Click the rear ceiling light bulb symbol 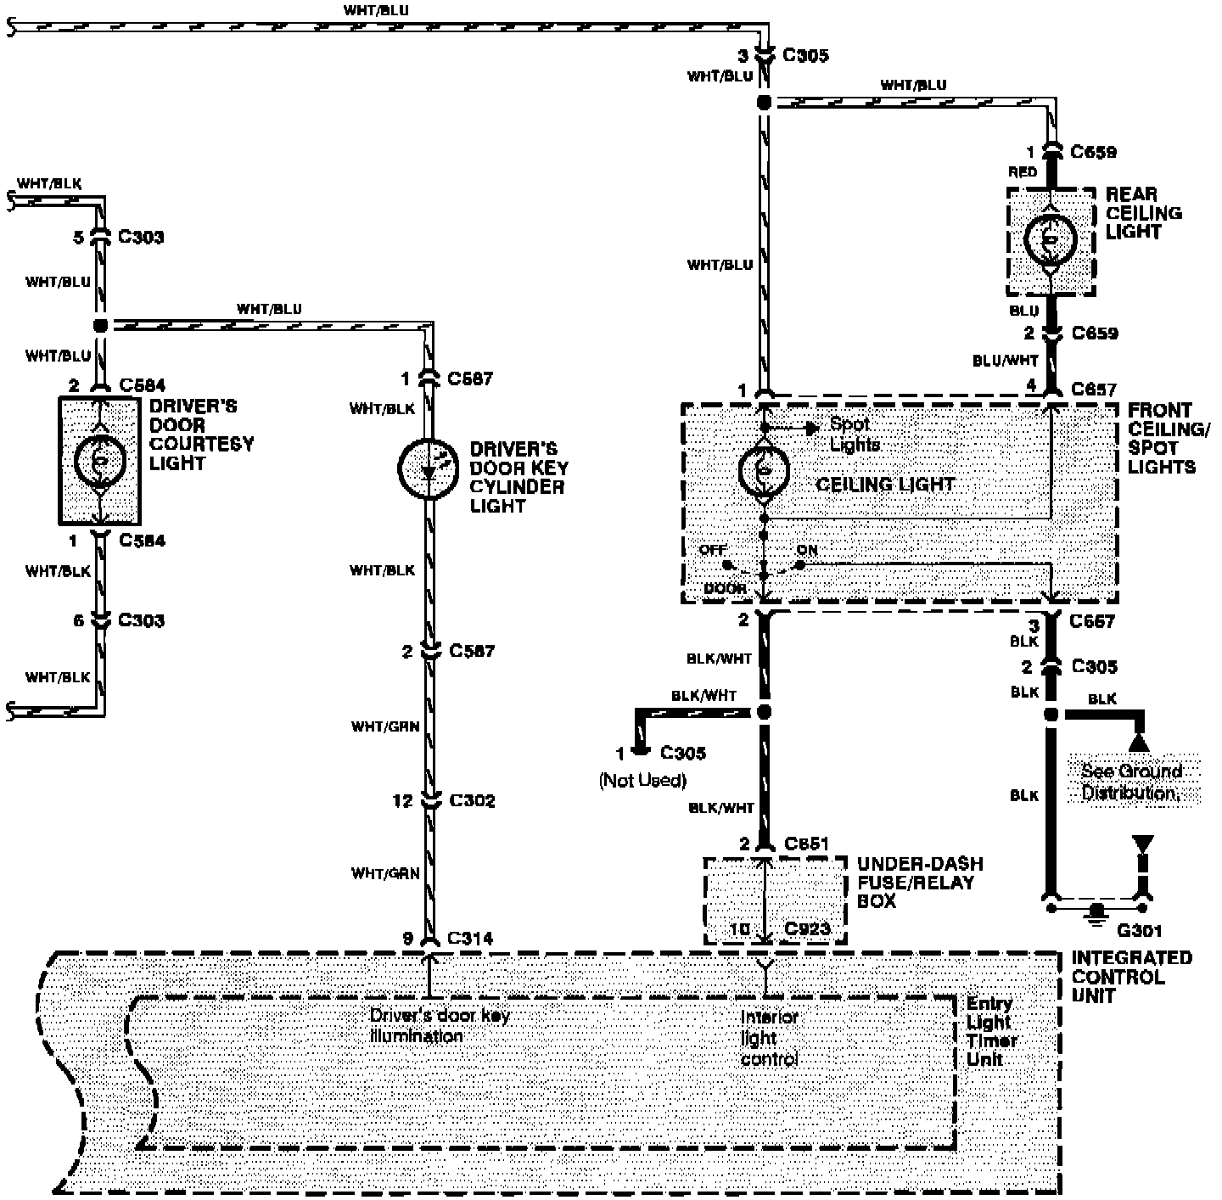click(x=1050, y=242)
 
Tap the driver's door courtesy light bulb click(x=100, y=460)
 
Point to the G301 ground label click(x=1139, y=930)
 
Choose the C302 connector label click(x=472, y=800)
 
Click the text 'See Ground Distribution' click(x=1132, y=782)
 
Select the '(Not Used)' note click(x=642, y=780)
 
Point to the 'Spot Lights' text click(x=854, y=434)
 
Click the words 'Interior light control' click(x=770, y=1037)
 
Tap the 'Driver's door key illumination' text click(x=439, y=1025)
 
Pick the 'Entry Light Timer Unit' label click(x=991, y=1031)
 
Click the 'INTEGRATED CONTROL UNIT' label click(x=1131, y=976)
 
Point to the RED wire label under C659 click(x=1023, y=172)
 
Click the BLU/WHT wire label click(x=1005, y=361)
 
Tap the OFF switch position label click(x=713, y=550)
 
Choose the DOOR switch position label click(x=726, y=588)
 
